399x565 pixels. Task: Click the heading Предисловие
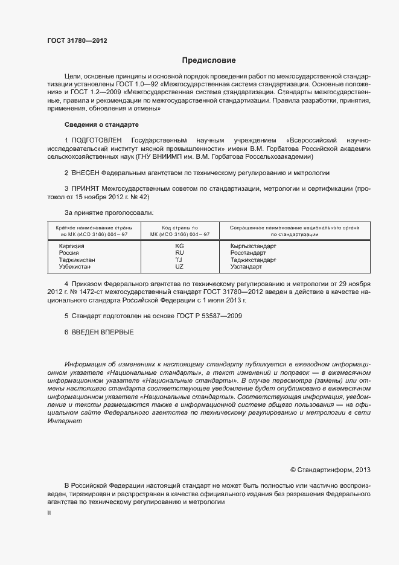(209, 60)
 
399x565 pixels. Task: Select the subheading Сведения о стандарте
(101, 124)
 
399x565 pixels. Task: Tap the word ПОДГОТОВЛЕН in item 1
(97, 140)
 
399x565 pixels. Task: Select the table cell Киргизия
(71, 246)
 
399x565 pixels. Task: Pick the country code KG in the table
(179, 246)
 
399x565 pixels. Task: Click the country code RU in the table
(179, 253)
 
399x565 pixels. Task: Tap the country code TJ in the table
(179, 260)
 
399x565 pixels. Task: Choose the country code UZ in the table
(179, 266)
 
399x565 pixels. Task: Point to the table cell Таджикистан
(77, 260)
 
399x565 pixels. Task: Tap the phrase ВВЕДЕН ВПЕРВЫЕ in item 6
(102, 332)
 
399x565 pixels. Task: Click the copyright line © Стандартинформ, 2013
(330, 469)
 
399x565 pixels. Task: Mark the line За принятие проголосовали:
(109, 212)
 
